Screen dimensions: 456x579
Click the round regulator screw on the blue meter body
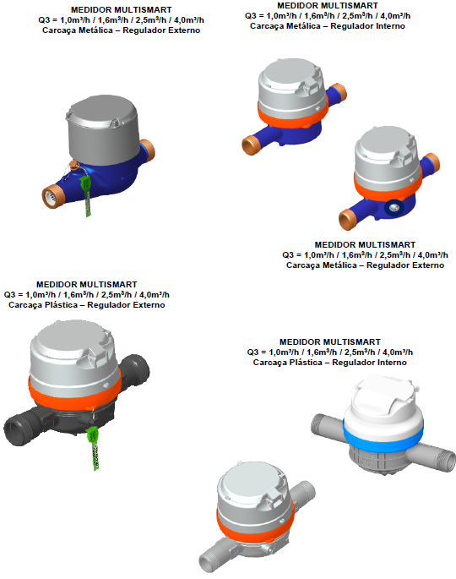[394, 208]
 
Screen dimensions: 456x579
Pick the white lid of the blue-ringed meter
[383, 398]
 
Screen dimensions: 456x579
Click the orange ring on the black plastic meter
[73, 391]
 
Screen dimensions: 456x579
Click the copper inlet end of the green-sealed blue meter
[52, 196]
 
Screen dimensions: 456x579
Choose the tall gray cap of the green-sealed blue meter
[102, 129]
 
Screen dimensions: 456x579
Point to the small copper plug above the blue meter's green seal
[73, 165]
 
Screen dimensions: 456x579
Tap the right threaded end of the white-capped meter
[443, 459]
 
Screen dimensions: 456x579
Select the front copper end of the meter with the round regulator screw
[348, 219]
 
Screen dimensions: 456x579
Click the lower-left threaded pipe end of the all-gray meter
[209, 560]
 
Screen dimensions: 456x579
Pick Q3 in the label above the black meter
[9, 295]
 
